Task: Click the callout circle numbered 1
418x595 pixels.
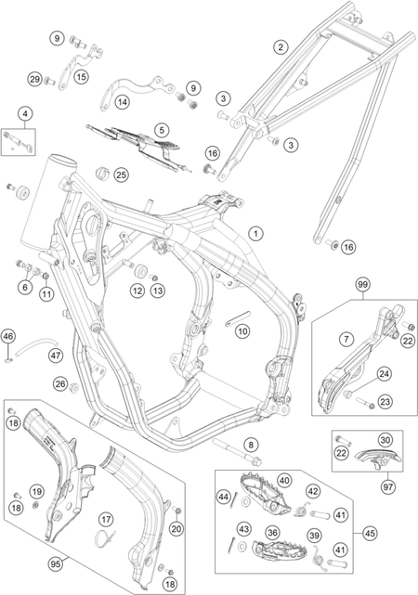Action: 255,233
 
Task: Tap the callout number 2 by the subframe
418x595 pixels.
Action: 281,47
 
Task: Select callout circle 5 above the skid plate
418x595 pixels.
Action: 162,130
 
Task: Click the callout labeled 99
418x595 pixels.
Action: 362,284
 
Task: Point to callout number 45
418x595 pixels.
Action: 370,533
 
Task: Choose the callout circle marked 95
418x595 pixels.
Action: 56,564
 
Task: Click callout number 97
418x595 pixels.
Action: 387,486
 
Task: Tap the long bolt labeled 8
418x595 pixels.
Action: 237,451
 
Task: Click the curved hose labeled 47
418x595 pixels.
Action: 31,343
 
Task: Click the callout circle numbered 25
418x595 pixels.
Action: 122,175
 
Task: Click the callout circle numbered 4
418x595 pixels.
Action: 25,113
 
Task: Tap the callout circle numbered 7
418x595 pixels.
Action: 346,339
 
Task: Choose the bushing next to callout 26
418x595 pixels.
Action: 74,387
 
